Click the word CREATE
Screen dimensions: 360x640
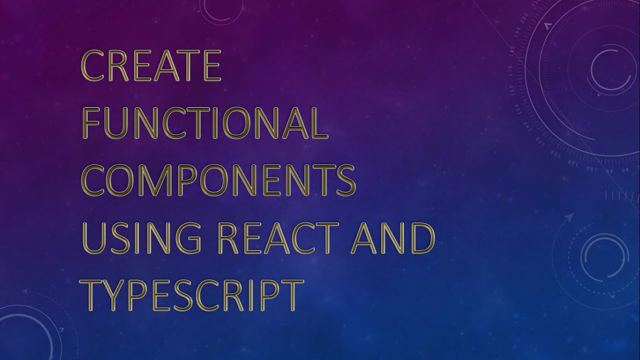(x=151, y=66)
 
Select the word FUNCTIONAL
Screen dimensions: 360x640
(x=205, y=123)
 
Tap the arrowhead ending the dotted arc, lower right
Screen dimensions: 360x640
(x=569, y=216)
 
